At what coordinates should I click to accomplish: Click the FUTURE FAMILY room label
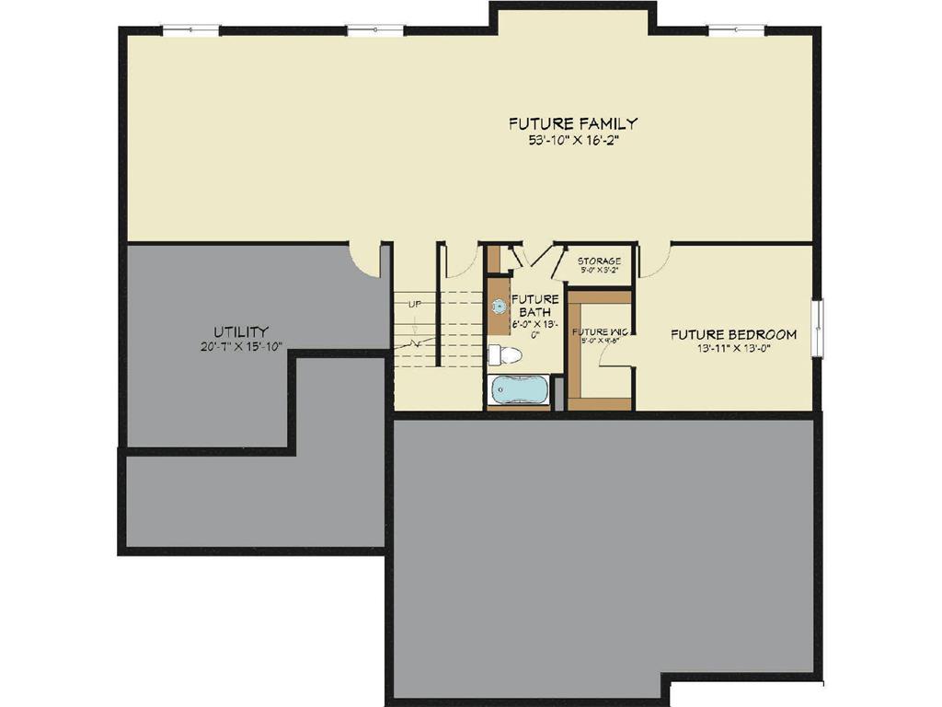pyautogui.click(x=573, y=123)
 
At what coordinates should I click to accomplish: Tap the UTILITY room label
pyautogui.click(x=241, y=331)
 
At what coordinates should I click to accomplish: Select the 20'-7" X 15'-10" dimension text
pyautogui.click(x=241, y=346)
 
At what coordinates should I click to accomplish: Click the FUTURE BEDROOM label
pyautogui.click(x=733, y=334)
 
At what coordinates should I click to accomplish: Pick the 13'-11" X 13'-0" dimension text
pyautogui.click(x=733, y=348)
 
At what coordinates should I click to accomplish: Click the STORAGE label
pyautogui.click(x=599, y=261)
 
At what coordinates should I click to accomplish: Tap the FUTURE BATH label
pyautogui.click(x=534, y=306)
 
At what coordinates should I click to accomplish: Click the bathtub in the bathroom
pyautogui.click(x=518, y=389)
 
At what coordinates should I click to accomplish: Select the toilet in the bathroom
pyautogui.click(x=505, y=355)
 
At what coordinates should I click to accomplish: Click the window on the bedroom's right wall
pyautogui.click(x=817, y=327)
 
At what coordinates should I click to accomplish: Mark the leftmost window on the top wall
pyautogui.click(x=191, y=30)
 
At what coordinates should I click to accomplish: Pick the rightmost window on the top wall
pyautogui.click(x=736, y=30)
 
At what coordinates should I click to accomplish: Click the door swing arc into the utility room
pyautogui.click(x=366, y=261)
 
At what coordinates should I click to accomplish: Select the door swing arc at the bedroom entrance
pyautogui.click(x=654, y=261)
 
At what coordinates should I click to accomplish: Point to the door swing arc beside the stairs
pyautogui.click(x=461, y=261)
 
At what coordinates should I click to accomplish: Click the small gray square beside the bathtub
pyautogui.click(x=557, y=393)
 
